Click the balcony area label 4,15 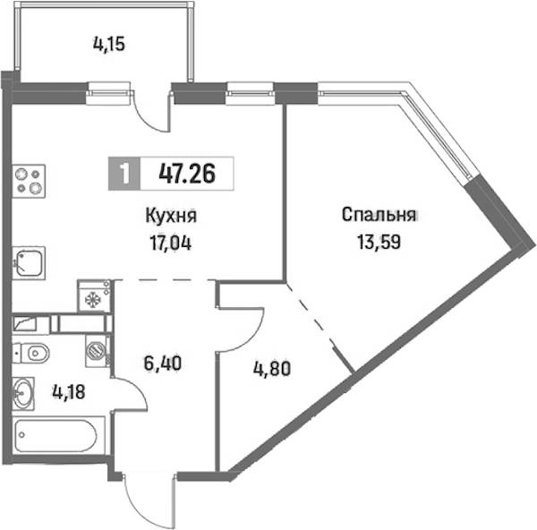109,45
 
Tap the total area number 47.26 187,174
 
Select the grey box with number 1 124,174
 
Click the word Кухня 171,217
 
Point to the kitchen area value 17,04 170,244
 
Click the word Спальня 379,215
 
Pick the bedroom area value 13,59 379,242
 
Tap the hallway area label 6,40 162,363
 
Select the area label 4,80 272,369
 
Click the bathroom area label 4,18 69,392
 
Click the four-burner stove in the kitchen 29,181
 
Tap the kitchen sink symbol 30,263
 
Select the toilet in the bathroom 30,353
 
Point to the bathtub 56,436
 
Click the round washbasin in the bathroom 23,393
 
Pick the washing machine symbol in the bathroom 98,351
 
